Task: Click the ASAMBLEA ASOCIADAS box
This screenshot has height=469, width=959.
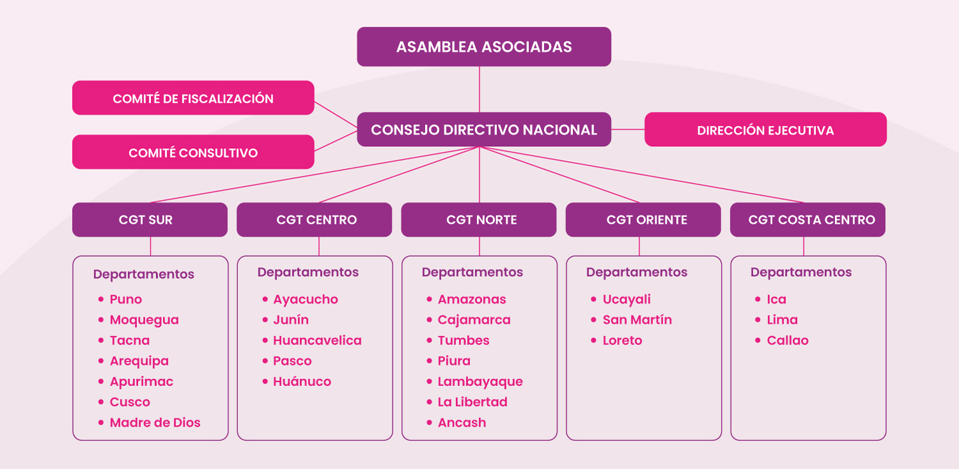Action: pos(484,47)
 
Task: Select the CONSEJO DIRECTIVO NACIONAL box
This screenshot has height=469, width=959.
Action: pos(484,129)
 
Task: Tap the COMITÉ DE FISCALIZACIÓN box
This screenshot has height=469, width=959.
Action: pos(193,98)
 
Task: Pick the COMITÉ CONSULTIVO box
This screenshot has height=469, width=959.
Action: pos(193,152)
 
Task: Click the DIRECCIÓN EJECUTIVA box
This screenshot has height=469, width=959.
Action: pos(765,129)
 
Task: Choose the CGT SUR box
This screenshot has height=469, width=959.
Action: pos(150,220)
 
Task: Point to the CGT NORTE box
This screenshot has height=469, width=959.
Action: pos(479,220)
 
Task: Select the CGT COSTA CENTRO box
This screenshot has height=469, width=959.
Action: pos(807,220)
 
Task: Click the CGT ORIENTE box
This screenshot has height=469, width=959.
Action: pos(643,220)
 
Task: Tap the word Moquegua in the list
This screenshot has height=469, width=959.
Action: pos(144,320)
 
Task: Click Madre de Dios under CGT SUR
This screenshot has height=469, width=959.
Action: pos(155,422)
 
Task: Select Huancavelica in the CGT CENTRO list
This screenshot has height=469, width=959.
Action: pos(317,340)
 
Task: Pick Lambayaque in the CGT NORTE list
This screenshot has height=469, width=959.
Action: pos(480,381)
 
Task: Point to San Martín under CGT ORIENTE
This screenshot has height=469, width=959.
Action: pos(637,319)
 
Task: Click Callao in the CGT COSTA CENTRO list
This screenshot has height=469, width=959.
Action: pos(787,340)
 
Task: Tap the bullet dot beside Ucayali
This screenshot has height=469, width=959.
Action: pos(593,299)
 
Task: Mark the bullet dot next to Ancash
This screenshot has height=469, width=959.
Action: pos(429,422)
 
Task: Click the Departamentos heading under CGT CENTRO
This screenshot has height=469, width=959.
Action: pos(308,272)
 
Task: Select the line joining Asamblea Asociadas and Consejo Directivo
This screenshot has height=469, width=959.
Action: pos(479,89)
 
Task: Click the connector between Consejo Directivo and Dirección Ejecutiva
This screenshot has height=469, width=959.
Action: pos(628,129)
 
